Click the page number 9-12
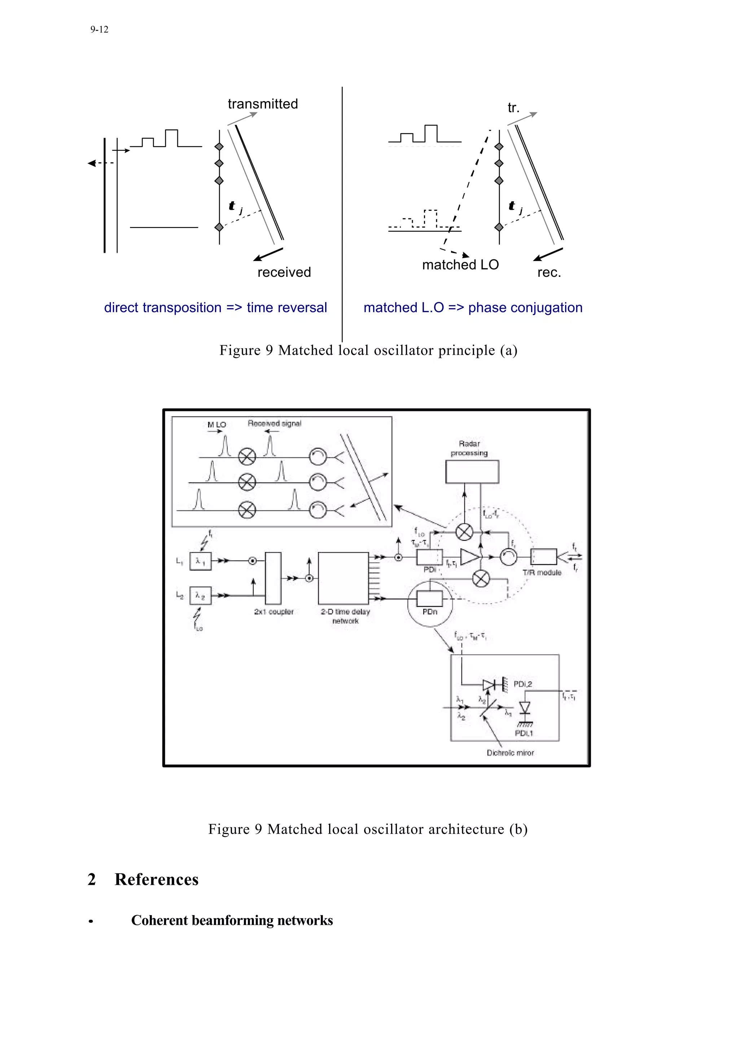click(99, 30)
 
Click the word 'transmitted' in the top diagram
click(263, 104)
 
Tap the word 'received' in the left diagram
click(284, 272)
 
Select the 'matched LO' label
click(460, 265)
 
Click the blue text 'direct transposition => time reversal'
click(215, 308)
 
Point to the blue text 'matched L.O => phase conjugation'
click(473, 308)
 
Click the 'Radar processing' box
click(472, 472)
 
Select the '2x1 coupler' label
click(274, 612)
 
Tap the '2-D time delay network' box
click(343, 578)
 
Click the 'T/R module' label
click(542, 572)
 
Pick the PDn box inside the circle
click(429, 597)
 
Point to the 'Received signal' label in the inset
click(274, 423)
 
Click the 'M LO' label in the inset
click(217, 425)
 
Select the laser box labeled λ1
click(200, 561)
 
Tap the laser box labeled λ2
click(200, 595)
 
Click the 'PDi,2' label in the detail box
click(522, 684)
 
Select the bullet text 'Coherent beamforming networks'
click(232, 921)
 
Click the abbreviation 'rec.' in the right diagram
click(549, 272)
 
